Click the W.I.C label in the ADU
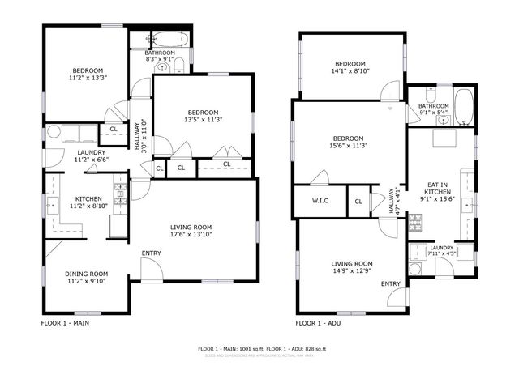(320, 201)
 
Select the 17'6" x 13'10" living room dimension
(191, 235)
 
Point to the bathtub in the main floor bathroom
(170, 39)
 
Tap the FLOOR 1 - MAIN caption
(66, 323)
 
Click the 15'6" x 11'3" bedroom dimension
(347, 146)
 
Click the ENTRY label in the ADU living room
(390, 283)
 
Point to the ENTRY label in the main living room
(151, 253)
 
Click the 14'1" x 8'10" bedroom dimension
(350, 71)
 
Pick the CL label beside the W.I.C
(358, 201)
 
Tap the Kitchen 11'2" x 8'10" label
(88, 203)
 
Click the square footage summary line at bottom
(261, 349)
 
